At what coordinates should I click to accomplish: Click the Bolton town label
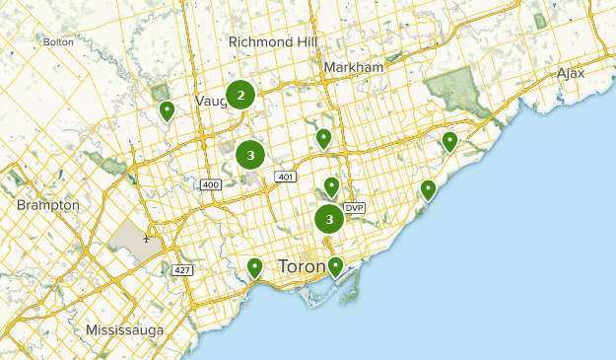[x=58, y=41]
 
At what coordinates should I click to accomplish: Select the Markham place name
[x=353, y=67]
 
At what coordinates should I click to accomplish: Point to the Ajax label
[x=570, y=73]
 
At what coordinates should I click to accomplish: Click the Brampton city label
[x=47, y=204]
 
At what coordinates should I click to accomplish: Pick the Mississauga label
[x=124, y=329]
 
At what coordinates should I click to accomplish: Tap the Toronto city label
[x=302, y=267]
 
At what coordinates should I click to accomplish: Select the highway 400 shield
[x=209, y=184]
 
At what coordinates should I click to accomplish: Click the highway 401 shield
[x=286, y=177]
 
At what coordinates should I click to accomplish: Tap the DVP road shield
[x=355, y=207]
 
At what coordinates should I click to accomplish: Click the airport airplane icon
[x=146, y=238]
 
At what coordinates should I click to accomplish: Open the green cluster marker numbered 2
[x=240, y=95]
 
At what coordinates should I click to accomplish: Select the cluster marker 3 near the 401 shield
[x=251, y=155]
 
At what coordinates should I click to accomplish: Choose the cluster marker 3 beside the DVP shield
[x=329, y=219]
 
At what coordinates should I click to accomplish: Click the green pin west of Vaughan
[x=168, y=110]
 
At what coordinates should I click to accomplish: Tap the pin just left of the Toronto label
[x=255, y=266]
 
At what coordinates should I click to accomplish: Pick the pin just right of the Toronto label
[x=336, y=265]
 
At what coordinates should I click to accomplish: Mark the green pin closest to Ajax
[x=450, y=141]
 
